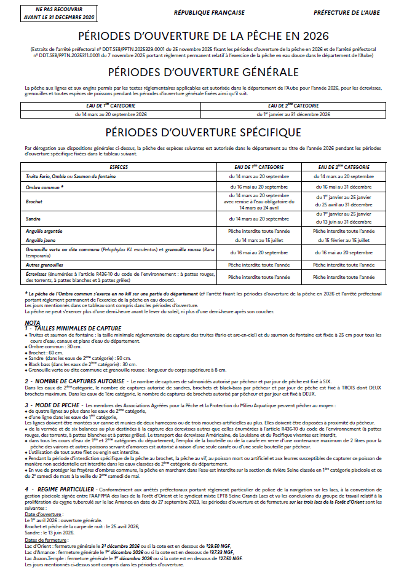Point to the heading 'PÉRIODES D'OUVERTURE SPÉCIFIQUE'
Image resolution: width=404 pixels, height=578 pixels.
(202, 132)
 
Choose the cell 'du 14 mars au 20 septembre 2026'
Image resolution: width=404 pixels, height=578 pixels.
(111, 114)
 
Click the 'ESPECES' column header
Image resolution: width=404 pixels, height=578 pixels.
(119, 167)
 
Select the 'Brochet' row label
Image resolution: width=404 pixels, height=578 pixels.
(34, 201)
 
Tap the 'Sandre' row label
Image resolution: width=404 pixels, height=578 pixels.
(33, 218)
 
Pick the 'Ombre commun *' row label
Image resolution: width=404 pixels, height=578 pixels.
(45, 186)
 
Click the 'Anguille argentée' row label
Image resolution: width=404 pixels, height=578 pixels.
(46, 230)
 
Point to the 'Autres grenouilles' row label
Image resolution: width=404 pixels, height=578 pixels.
(47, 264)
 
